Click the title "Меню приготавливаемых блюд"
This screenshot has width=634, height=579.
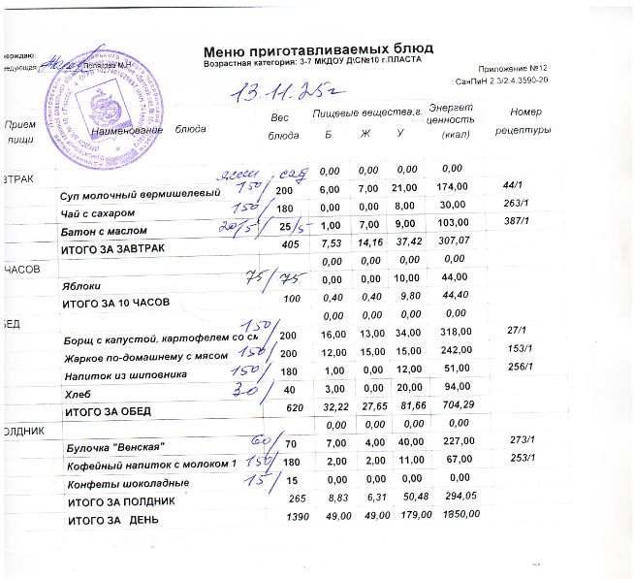(x=318, y=48)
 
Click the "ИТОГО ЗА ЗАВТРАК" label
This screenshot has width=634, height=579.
(x=113, y=249)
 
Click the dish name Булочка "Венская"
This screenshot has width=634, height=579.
(x=115, y=446)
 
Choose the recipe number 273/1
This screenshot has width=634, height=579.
(x=522, y=439)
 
